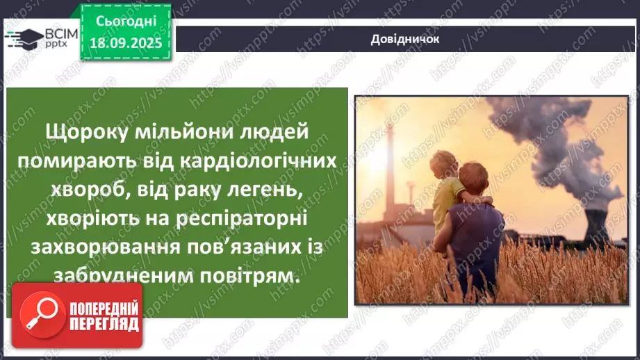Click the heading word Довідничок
[x=404, y=39]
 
